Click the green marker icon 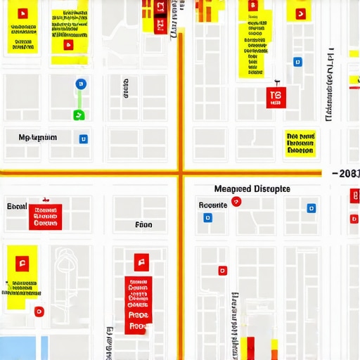pos(79,115)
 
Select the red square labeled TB pos(276,98)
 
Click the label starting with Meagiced pos(252,189)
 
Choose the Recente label pos(213,205)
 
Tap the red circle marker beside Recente pos(236,202)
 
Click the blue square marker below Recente pos(207,218)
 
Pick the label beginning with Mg pos(38,138)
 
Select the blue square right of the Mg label pos(84,139)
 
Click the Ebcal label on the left pos(16,206)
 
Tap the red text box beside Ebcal pos(46,217)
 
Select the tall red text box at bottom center pos(139,304)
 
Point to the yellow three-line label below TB pos(301,143)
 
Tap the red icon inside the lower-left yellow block pos(22,264)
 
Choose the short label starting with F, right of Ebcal pos(143,226)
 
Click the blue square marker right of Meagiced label pos(311,208)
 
